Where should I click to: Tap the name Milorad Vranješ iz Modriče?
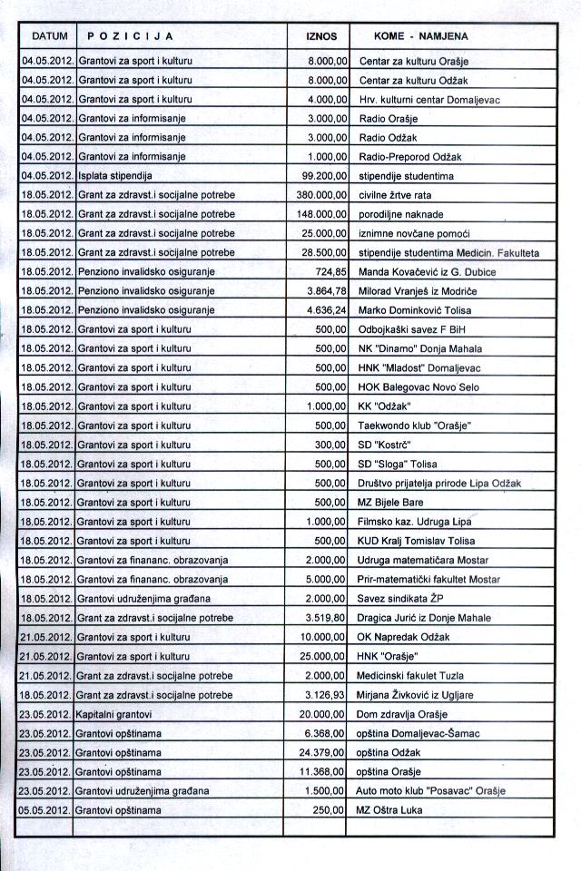click(419, 291)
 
